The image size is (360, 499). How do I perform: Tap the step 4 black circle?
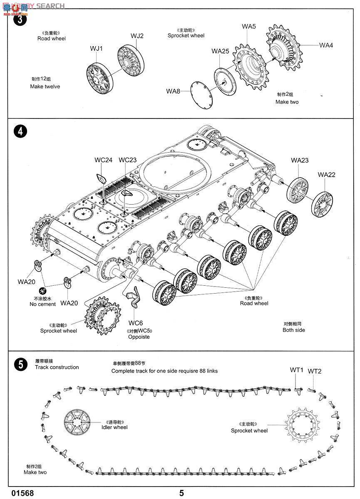click(19, 131)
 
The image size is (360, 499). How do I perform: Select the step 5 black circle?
click(19, 364)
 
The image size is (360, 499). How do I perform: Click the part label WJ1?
click(97, 49)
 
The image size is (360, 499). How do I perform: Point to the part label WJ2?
click(137, 36)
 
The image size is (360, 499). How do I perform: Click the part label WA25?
click(220, 51)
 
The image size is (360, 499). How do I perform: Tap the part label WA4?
click(326, 45)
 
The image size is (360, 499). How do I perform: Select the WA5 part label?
click(249, 27)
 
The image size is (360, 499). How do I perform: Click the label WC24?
click(103, 160)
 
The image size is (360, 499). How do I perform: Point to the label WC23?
click(127, 160)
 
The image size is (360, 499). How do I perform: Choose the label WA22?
click(326, 175)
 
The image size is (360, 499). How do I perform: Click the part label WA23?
click(300, 160)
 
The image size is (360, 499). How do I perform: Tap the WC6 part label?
click(136, 323)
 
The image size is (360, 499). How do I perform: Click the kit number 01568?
click(22, 493)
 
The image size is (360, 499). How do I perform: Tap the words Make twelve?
click(45, 86)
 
